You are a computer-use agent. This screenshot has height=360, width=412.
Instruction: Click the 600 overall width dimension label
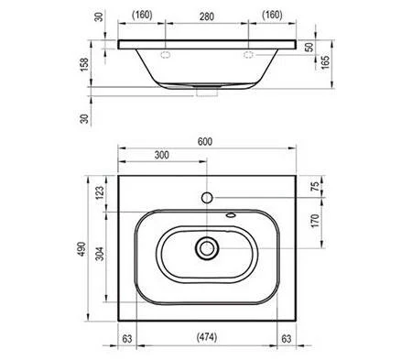pos(205,142)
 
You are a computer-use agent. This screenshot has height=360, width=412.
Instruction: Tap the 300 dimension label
pos(161,155)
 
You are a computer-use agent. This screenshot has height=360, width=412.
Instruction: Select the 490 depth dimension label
pos(81,249)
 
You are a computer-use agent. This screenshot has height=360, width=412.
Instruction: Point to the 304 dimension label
pos(100,254)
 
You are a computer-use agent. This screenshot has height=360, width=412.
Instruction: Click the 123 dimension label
pos(100,192)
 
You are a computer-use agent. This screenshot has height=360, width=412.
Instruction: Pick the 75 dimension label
pos(315,186)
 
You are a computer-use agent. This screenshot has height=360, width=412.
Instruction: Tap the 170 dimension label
pos(315,221)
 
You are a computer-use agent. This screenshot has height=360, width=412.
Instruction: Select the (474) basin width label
pos(207,337)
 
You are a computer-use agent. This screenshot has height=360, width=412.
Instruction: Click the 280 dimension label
pos(207,16)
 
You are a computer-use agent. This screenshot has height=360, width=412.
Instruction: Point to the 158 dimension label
pos(84,65)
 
